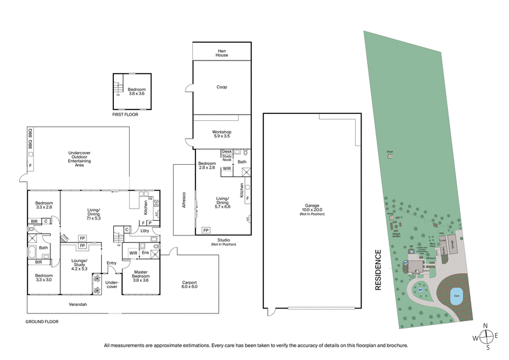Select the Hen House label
(221, 53)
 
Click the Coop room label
(221, 87)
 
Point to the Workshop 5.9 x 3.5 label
(221, 134)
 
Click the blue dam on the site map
(456, 295)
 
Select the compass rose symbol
(487, 336)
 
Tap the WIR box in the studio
(227, 169)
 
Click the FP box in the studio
(206, 230)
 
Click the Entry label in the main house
(112, 263)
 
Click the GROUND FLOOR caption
(42, 322)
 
